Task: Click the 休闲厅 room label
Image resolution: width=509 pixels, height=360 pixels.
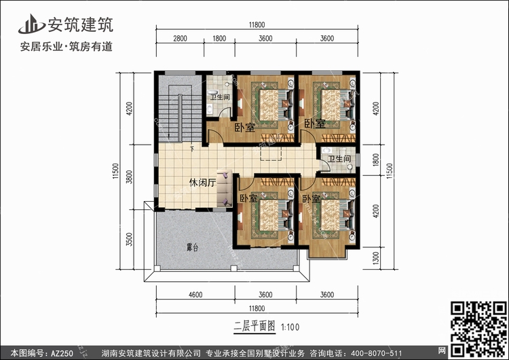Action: (x=202, y=183)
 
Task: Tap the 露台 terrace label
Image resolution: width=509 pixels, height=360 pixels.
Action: (x=192, y=247)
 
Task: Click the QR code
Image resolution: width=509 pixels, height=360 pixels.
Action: (x=479, y=329)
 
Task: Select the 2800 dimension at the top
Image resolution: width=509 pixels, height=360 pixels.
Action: (x=180, y=38)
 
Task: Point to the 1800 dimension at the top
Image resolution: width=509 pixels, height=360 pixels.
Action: (x=219, y=38)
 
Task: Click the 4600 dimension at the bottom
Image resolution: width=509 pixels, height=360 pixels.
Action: (x=195, y=295)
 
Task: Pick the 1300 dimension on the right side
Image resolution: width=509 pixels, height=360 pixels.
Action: (x=376, y=258)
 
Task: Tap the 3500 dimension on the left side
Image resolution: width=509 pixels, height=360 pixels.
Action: (x=129, y=239)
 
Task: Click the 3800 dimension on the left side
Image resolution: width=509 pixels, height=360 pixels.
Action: (x=129, y=177)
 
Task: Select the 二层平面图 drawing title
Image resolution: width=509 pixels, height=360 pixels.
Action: (x=254, y=326)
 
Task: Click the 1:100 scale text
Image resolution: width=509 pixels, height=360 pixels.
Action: (x=290, y=327)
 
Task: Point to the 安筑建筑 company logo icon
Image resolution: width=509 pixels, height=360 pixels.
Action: (x=31, y=24)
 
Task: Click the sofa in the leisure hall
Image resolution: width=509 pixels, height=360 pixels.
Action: (x=225, y=188)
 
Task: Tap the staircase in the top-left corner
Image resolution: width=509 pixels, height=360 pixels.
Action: (x=180, y=109)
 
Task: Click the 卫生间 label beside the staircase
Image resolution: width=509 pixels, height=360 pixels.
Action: (x=220, y=97)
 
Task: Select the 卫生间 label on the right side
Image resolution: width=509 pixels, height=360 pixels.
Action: (x=339, y=158)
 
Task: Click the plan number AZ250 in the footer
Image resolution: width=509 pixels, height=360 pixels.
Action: (x=62, y=353)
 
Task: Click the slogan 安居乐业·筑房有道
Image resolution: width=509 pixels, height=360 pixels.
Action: (x=67, y=46)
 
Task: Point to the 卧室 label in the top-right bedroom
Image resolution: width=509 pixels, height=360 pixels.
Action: (x=314, y=124)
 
